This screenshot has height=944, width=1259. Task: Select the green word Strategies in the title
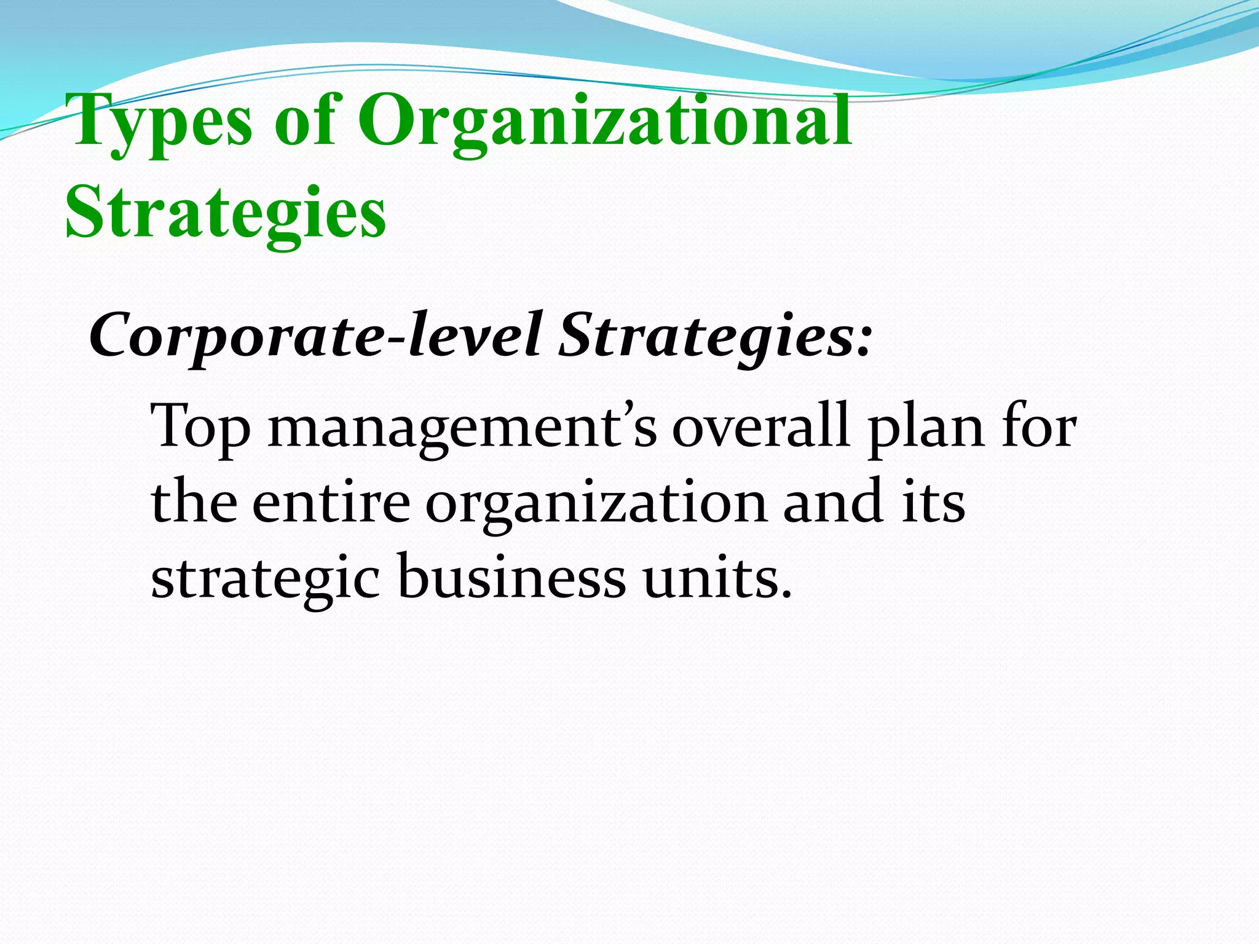coord(226,214)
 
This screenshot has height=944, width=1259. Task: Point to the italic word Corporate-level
coord(315,336)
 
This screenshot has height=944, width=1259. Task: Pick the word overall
coord(760,425)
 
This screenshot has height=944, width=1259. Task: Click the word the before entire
coord(194,502)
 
